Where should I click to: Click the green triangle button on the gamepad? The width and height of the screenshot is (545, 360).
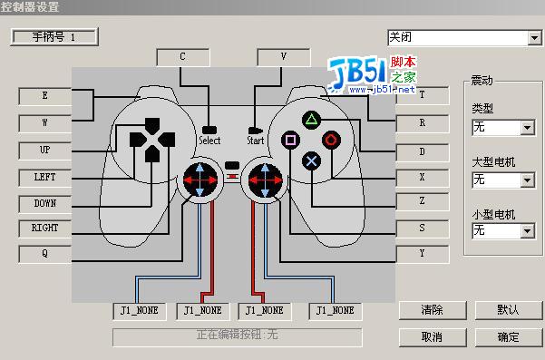coord(311,120)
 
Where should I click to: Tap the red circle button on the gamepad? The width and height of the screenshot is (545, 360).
coord(331,140)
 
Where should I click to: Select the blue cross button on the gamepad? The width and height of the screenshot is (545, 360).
coord(311,161)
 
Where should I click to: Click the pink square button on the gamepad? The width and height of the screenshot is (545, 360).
coord(291,140)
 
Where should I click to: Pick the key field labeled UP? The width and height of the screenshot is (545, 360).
coord(44,149)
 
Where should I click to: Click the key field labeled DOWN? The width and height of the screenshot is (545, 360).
coord(44,203)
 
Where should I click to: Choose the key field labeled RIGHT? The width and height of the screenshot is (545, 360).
coord(44,228)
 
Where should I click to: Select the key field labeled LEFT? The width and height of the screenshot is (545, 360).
coord(44,176)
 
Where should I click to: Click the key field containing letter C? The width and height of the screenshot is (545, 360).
coord(182,56)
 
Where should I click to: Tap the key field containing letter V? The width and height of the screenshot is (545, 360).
coord(284,56)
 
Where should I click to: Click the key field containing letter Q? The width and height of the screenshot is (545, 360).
coord(44,254)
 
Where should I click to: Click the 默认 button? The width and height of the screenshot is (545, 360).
coord(508,310)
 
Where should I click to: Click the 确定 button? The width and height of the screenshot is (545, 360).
coord(508,336)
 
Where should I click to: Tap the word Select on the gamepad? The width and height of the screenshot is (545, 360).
coord(209,141)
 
